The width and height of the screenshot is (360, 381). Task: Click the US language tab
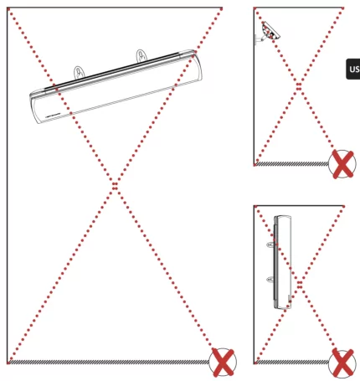(x=352, y=70)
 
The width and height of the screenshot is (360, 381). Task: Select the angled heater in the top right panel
(x=269, y=32)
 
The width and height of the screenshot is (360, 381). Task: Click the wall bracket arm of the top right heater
(x=259, y=37)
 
